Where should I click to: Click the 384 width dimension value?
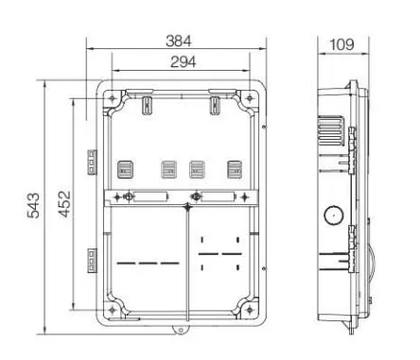[x=179, y=42]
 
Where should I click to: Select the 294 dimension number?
[x=183, y=62]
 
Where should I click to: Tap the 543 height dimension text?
[x=33, y=206]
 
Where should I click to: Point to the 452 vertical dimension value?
[x=65, y=204]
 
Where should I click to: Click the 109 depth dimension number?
[x=341, y=44]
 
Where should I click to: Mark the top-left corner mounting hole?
[x=112, y=98]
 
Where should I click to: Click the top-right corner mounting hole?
[x=250, y=98]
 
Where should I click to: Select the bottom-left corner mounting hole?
[x=112, y=310]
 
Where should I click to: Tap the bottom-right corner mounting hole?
[x=250, y=310]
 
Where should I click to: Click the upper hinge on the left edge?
[x=92, y=162]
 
